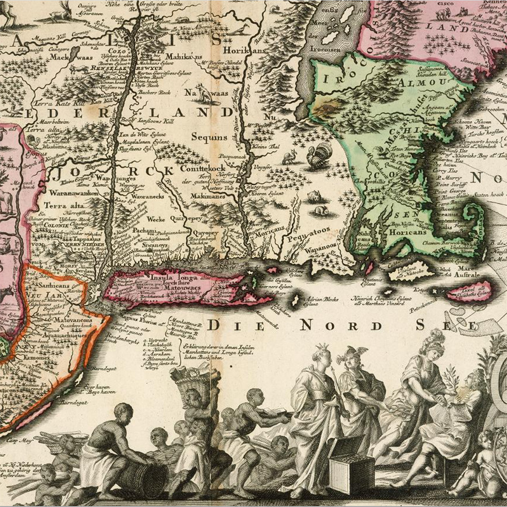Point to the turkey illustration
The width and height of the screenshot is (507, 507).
point(319,155)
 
